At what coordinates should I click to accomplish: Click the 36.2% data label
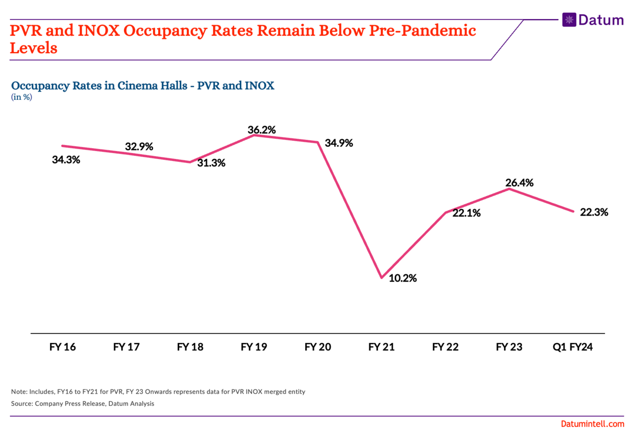pos(261,130)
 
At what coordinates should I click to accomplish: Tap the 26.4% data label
pos(519,183)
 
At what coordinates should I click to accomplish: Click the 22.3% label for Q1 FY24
pos(594,212)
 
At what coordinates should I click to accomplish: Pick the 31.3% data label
pos(211,163)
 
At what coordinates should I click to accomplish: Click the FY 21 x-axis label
pos(382,347)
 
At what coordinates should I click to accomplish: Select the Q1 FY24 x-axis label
pos(573,347)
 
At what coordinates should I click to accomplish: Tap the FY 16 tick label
pos(63,347)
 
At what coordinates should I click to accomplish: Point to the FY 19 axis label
pos(254,347)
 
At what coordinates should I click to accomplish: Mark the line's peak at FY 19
pos(254,134)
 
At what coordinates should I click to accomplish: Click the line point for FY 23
pos(509,188)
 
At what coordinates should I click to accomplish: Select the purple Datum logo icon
pos(569,20)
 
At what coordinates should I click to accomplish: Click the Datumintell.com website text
pos(592,424)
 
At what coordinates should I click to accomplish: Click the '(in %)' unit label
pos(22,97)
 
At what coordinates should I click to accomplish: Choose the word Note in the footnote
pos(19,392)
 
